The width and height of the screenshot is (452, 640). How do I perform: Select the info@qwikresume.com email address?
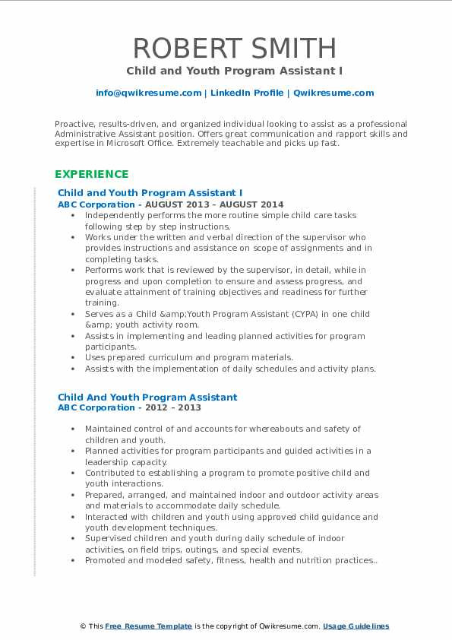point(149,93)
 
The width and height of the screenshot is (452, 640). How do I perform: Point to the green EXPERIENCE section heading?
point(91,174)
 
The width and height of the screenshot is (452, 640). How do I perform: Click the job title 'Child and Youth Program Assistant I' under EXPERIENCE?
point(150,193)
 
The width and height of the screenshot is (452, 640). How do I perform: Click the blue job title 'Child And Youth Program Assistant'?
point(147,397)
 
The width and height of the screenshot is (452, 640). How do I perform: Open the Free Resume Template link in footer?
point(149,626)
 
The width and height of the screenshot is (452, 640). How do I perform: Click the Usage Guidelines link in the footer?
point(356,626)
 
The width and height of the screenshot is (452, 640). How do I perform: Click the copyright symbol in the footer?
point(83,626)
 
